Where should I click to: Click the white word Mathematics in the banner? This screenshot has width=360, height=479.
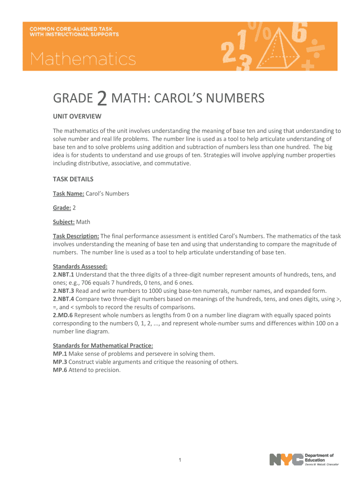click(83, 59)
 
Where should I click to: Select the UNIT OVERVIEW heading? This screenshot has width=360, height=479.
click(77, 116)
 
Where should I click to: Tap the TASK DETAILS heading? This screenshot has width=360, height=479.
click(73, 179)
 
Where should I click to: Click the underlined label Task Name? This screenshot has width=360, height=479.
click(68, 193)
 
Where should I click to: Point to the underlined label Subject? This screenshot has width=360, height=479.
click(64, 222)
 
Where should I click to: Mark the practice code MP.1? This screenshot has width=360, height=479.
click(60, 354)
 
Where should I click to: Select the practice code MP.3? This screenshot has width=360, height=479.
click(60, 362)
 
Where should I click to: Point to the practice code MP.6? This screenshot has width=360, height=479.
click(60, 370)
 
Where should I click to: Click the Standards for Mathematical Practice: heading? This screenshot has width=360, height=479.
click(103, 346)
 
